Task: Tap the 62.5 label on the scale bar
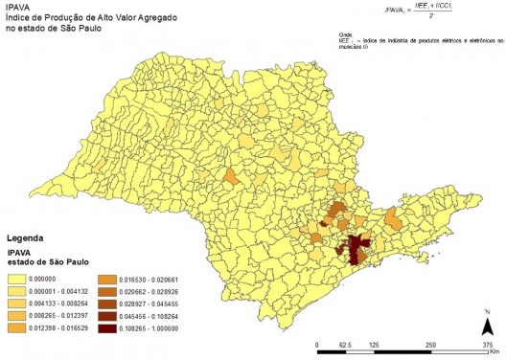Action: tap(345, 344)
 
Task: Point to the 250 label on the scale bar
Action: tap(432, 344)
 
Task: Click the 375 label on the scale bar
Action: tap(488, 344)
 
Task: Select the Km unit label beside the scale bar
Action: tap(494, 352)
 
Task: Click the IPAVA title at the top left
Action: tap(18, 8)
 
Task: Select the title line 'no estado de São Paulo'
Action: tap(52, 30)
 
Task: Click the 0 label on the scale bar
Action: tap(317, 344)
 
